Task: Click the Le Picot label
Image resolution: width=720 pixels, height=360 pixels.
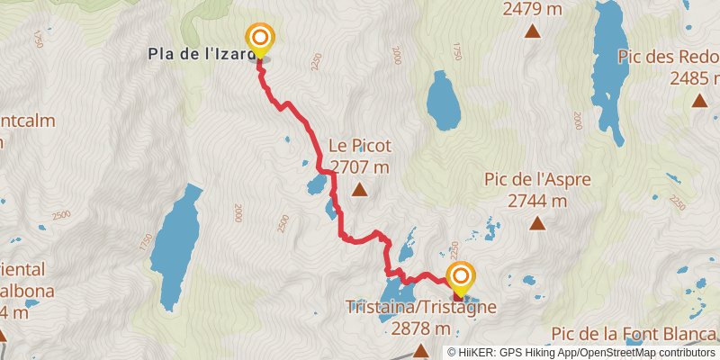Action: pyautogui.click(x=360, y=145)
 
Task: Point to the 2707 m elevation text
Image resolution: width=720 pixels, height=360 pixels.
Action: pyautogui.click(x=360, y=166)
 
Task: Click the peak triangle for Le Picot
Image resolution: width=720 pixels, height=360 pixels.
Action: pyautogui.click(x=360, y=189)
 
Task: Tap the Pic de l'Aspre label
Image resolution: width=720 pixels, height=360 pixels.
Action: pyautogui.click(x=537, y=180)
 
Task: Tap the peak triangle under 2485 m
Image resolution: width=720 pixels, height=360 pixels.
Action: pyautogui.click(x=699, y=100)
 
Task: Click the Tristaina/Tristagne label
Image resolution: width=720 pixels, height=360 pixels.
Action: pyautogui.click(x=421, y=307)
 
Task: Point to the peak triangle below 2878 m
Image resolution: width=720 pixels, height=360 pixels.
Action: pyautogui.click(x=420, y=350)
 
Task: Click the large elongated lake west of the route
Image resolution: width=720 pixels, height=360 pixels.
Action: pyautogui.click(x=175, y=236)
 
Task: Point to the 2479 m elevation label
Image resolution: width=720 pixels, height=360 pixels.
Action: pyautogui.click(x=533, y=10)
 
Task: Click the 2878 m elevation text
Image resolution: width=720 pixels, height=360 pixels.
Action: pyautogui.click(x=420, y=328)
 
